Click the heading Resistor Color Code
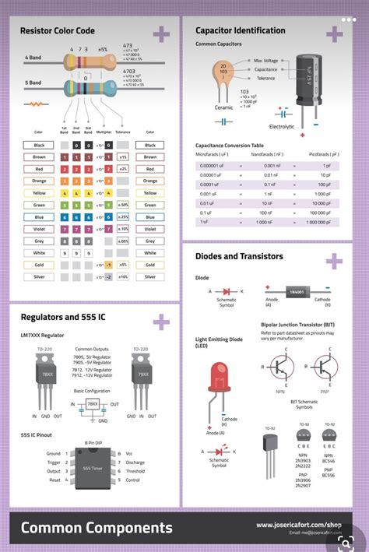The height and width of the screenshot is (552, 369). pyautogui.click(x=58, y=30)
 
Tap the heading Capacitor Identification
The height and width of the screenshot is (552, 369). pyautogui.click(x=240, y=30)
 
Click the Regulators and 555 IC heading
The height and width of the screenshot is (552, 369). pyautogui.click(x=63, y=318)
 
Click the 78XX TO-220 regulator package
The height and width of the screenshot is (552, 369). pyautogui.click(x=48, y=372)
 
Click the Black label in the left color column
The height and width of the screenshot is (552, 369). pyautogui.click(x=38, y=145)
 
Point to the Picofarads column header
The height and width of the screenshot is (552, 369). pyautogui.click(x=323, y=154)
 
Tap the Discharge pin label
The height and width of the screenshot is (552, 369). pyautogui.click(x=135, y=462)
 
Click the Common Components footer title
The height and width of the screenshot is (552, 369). pyautogui.click(x=97, y=529)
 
